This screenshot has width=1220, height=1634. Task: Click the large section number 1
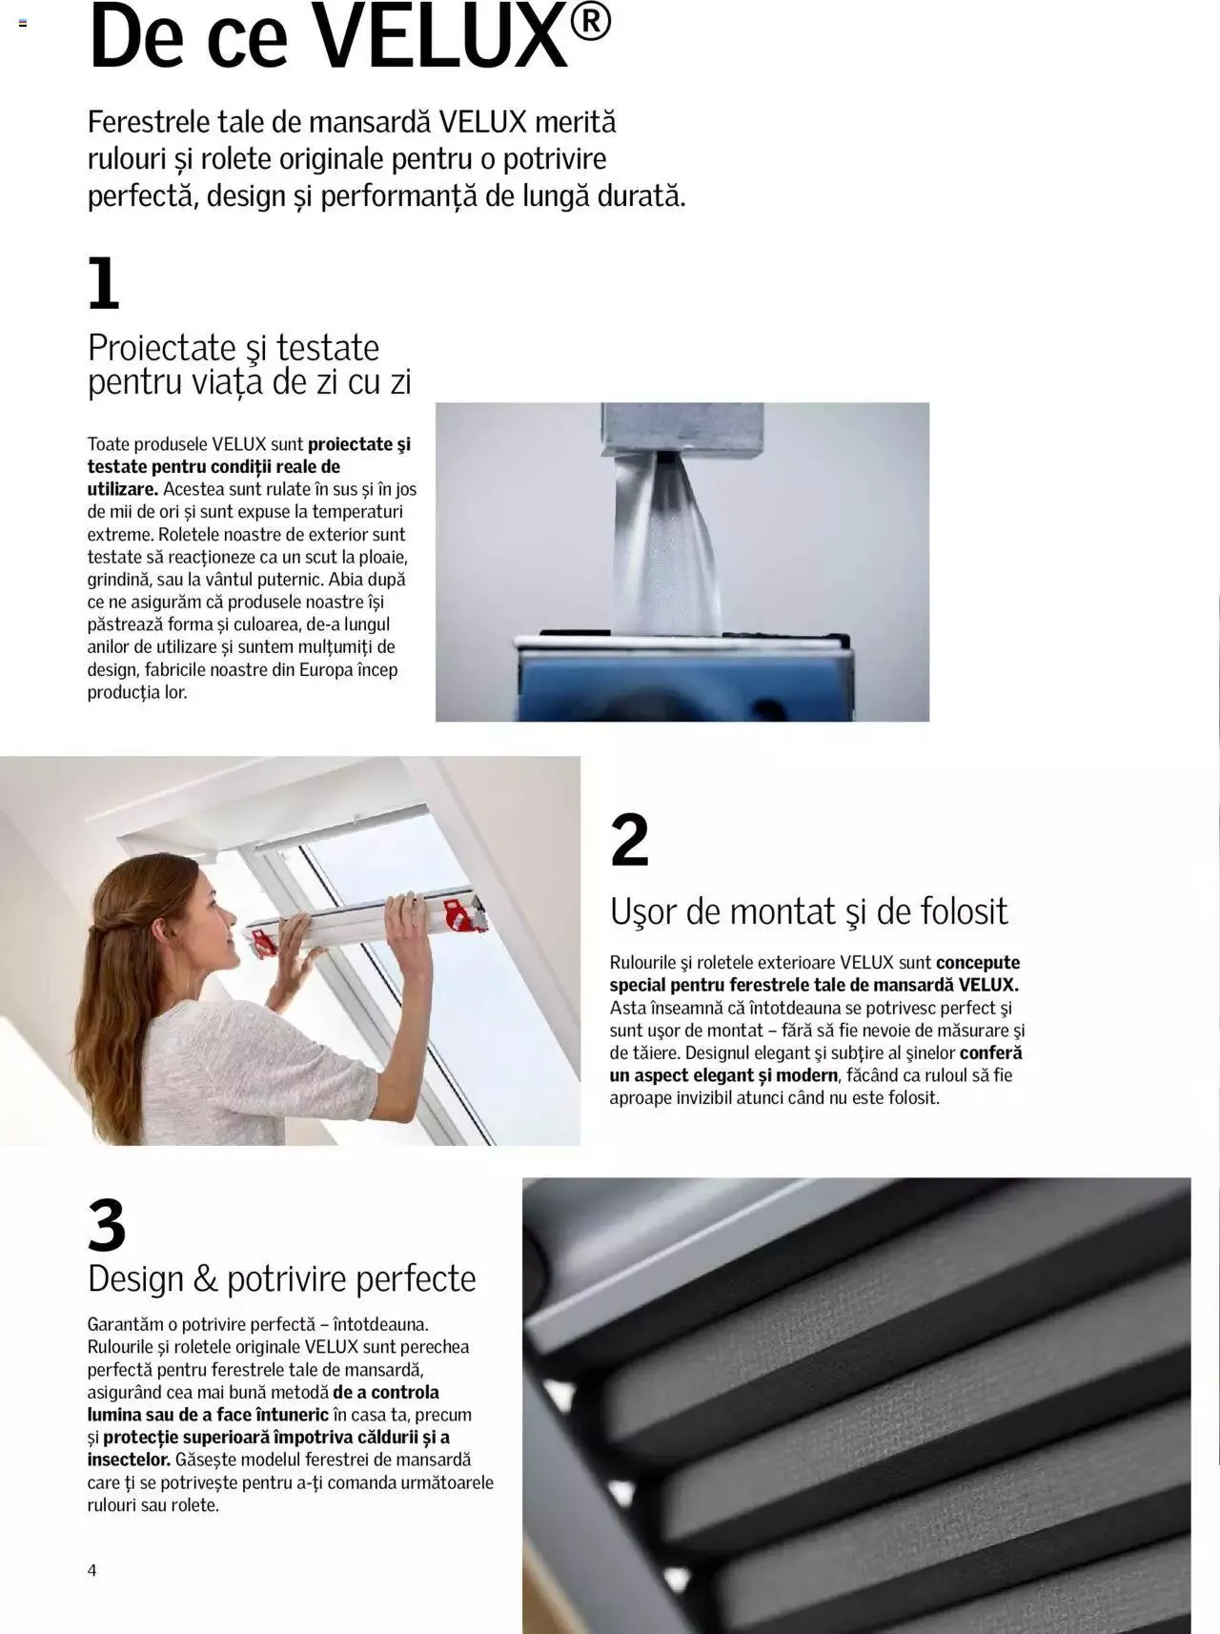pyautogui.click(x=104, y=283)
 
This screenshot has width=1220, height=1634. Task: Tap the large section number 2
pyautogui.click(x=629, y=840)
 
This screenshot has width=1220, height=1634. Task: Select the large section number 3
pyautogui.click(x=107, y=1225)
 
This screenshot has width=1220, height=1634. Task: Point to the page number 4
pyautogui.click(x=91, y=1570)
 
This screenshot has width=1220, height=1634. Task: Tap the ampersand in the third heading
pyautogui.click(x=206, y=1278)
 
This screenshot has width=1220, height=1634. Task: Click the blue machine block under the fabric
pyautogui.click(x=681, y=682)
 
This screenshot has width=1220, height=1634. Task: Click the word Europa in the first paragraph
pyautogui.click(x=326, y=669)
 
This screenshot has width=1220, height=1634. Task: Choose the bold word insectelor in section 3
pyautogui.click(x=129, y=1460)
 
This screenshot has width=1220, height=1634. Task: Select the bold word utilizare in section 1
pyautogui.click(x=122, y=489)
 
